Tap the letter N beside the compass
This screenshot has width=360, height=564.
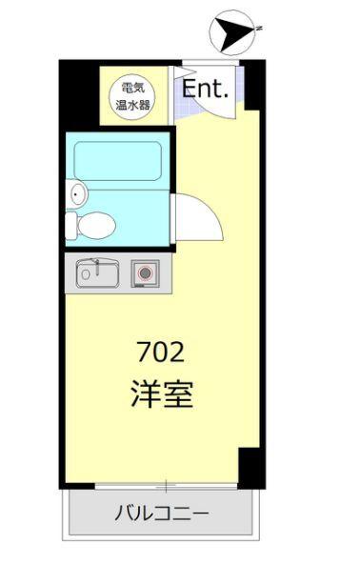[x=257, y=30]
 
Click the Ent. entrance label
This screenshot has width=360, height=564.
[x=206, y=90]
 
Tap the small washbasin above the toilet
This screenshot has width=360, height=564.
[x=77, y=194]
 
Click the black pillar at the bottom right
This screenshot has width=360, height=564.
[x=250, y=466]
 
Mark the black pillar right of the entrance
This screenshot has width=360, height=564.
[x=253, y=85]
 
